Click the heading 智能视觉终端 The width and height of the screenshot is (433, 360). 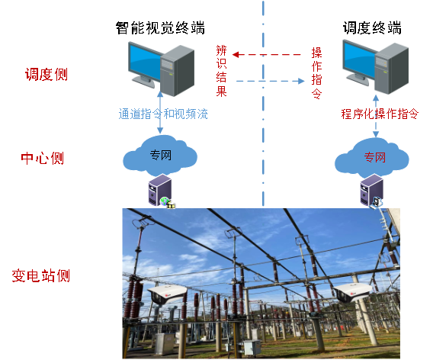160,28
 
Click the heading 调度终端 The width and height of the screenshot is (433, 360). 372,28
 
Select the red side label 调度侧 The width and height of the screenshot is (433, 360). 47,74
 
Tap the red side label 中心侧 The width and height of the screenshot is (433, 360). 42,159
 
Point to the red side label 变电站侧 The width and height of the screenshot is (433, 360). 41,275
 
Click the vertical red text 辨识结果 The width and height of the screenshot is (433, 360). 222,71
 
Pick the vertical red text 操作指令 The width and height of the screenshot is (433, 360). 316,73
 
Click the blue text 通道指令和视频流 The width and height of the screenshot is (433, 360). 163,114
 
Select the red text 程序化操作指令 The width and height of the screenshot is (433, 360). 380,114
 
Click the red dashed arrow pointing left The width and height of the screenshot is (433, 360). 267,55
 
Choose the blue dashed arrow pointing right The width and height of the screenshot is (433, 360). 271,81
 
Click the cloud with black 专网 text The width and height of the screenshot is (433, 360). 160,156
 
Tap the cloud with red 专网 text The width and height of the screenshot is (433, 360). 372,157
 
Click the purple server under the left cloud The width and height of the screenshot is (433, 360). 160,191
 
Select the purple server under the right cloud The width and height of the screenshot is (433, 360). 372,191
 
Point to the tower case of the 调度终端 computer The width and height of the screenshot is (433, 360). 392,69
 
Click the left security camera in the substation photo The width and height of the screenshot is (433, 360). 167,294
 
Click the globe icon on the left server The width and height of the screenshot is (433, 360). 165,201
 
